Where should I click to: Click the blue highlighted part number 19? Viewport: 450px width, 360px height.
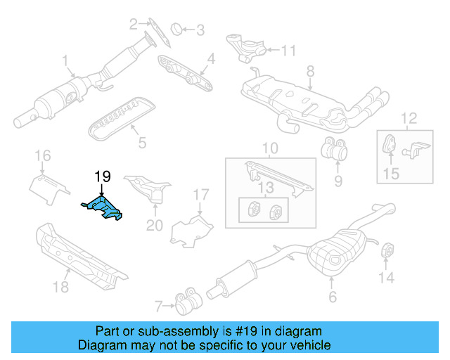click(x=103, y=209)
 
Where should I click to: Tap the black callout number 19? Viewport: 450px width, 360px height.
click(x=103, y=176)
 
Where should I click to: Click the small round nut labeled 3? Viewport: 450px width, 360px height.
click(x=178, y=29)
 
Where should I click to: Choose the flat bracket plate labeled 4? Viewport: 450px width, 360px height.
click(x=186, y=75)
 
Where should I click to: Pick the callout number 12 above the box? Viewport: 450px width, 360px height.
click(x=409, y=119)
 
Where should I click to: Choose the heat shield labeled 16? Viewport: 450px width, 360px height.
click(x=49, y=186)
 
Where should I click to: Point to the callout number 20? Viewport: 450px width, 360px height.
click(x=154, y=225)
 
